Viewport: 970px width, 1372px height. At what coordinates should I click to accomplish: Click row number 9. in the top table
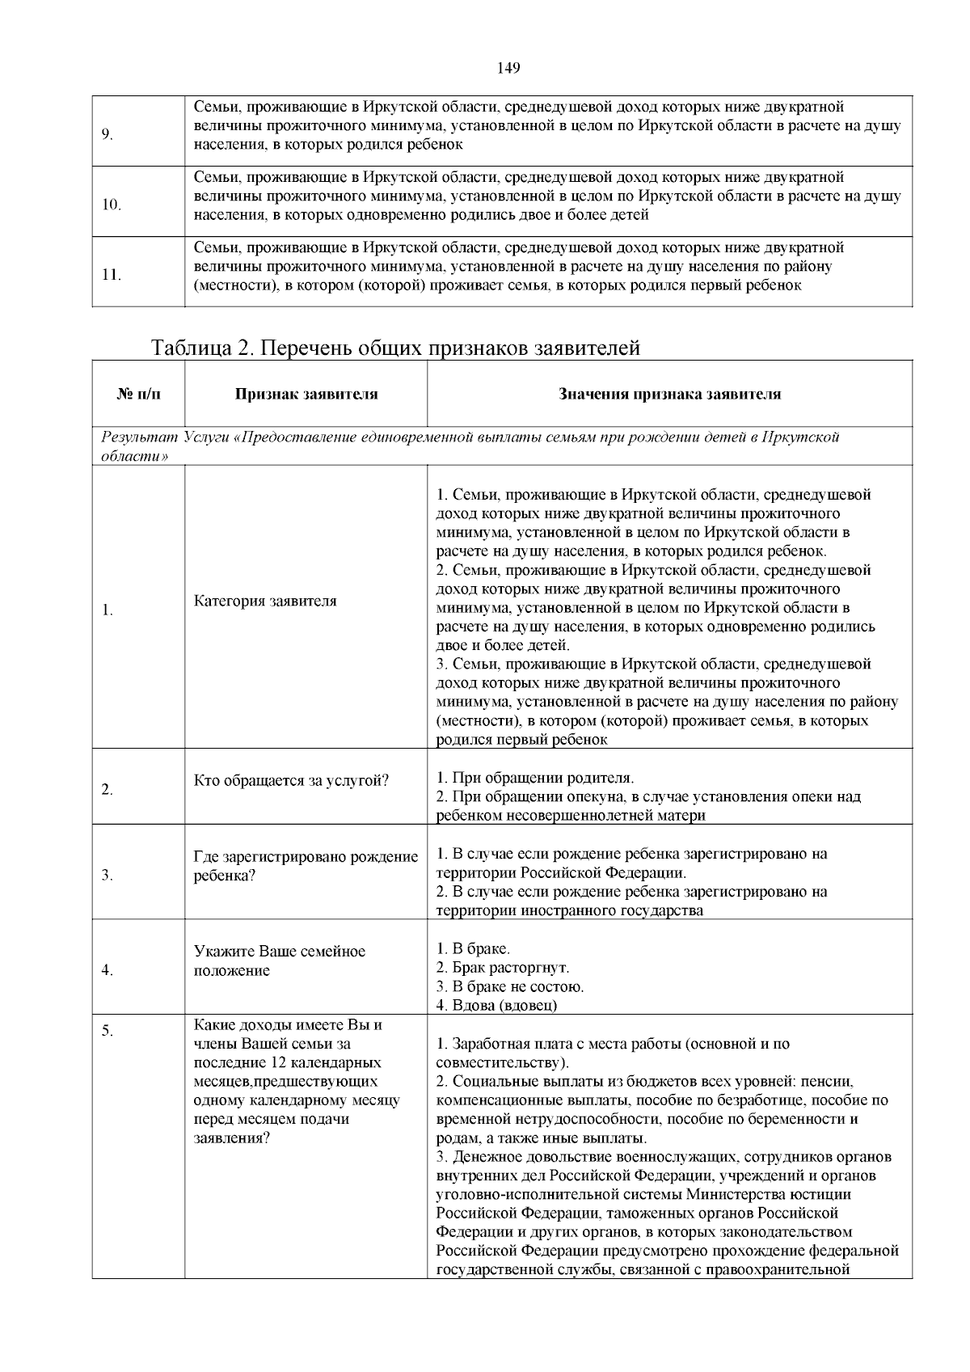107,134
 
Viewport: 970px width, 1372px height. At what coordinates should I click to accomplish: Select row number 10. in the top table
111,205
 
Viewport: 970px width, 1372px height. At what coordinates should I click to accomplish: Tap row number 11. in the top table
111,275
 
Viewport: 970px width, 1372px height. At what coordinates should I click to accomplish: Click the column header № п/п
139,395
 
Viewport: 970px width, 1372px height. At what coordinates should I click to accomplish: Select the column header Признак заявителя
306,395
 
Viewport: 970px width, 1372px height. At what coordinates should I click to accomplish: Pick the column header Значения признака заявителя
669,395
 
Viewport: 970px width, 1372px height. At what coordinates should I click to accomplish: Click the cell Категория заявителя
265,601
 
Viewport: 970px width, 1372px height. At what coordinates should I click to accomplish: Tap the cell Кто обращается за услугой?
291,780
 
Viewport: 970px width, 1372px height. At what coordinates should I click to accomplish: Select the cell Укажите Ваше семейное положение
279,960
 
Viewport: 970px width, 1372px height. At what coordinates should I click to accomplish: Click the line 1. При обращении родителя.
535,778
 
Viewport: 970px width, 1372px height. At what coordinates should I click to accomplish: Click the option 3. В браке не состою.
509,986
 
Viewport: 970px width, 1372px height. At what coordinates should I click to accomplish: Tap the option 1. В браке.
473,948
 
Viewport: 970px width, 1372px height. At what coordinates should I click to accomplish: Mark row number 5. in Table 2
107,1031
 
